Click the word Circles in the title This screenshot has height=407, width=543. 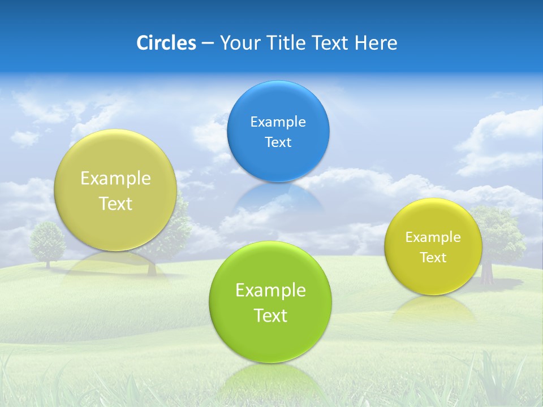click(166, 43)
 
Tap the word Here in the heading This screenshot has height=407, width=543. click(376, 43)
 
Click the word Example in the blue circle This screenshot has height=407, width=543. click(278, 122)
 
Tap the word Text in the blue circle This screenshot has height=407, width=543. click(278, 142)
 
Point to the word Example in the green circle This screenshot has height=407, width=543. click(270, 291)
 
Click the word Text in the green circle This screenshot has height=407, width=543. click(270, 315)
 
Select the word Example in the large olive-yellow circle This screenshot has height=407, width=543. click(115, 179)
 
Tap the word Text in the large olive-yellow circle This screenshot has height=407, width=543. click(115, 204)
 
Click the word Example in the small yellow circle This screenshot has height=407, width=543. click(433, 237)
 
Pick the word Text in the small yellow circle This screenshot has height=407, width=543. click(433, 258)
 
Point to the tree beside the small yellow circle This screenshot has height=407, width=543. click(498, 232)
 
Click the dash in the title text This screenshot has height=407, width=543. click(207, 44)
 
